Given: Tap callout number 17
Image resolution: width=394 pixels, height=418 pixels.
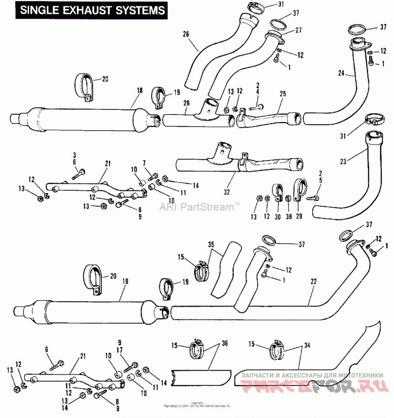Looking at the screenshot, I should click(x=119, y=349).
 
